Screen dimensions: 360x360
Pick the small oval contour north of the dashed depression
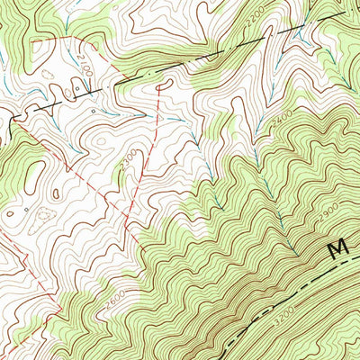[x=51, y=191]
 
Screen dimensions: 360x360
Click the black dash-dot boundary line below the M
[x=297, y=289]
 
